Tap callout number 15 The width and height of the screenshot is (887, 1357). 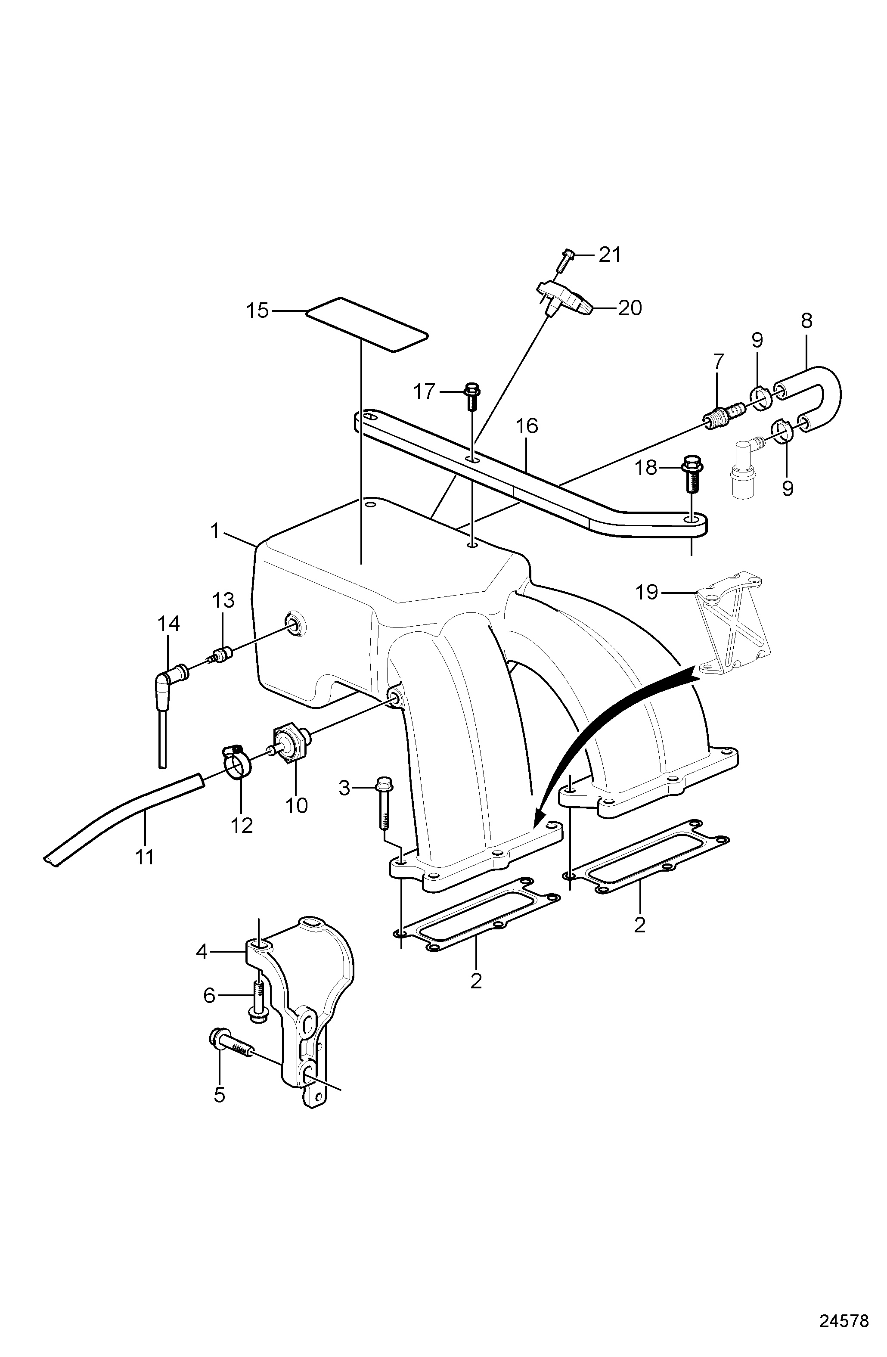(x=257, y=311)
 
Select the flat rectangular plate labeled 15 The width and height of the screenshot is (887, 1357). (x=366, y=325)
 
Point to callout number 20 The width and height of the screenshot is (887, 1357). (x=630, y=308)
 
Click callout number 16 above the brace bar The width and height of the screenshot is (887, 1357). (x=527, y=425)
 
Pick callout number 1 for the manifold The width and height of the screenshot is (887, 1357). (x=215, y=531)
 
